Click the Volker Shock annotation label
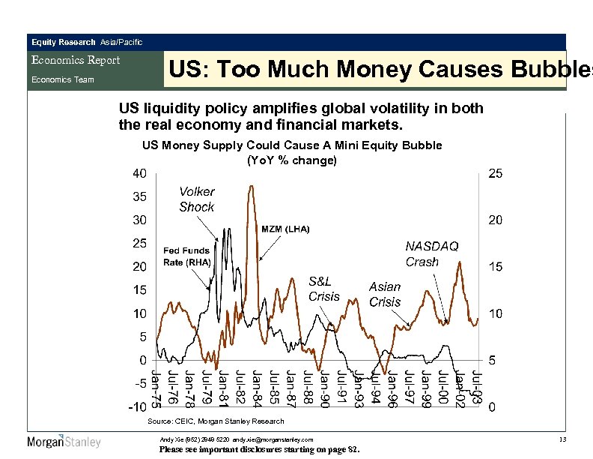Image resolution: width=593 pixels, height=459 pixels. (196, 199)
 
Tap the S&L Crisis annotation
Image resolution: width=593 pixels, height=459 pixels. (324, 289)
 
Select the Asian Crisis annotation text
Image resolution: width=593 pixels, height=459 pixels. (385, 295)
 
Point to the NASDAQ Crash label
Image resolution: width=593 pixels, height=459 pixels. (432, 254)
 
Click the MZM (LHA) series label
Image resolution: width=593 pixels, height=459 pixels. (285, 228)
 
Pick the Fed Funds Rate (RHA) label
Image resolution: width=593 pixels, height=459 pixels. (187, 256)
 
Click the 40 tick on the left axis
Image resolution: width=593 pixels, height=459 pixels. (139, 173)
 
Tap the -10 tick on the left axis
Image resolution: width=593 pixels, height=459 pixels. (136, 407)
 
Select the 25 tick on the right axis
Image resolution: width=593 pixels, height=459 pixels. (495, 174)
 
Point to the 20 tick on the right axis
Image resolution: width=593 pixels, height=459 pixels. (495, 220)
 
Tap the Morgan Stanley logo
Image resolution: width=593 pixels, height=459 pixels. (64, 442)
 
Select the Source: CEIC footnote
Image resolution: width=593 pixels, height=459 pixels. (216, 421)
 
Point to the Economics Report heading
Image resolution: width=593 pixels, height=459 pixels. (75, 60)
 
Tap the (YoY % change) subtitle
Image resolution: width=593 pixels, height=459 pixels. (292, 160)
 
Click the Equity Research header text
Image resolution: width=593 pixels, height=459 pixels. (63, 42)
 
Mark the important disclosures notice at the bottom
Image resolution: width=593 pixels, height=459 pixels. (260, 450)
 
